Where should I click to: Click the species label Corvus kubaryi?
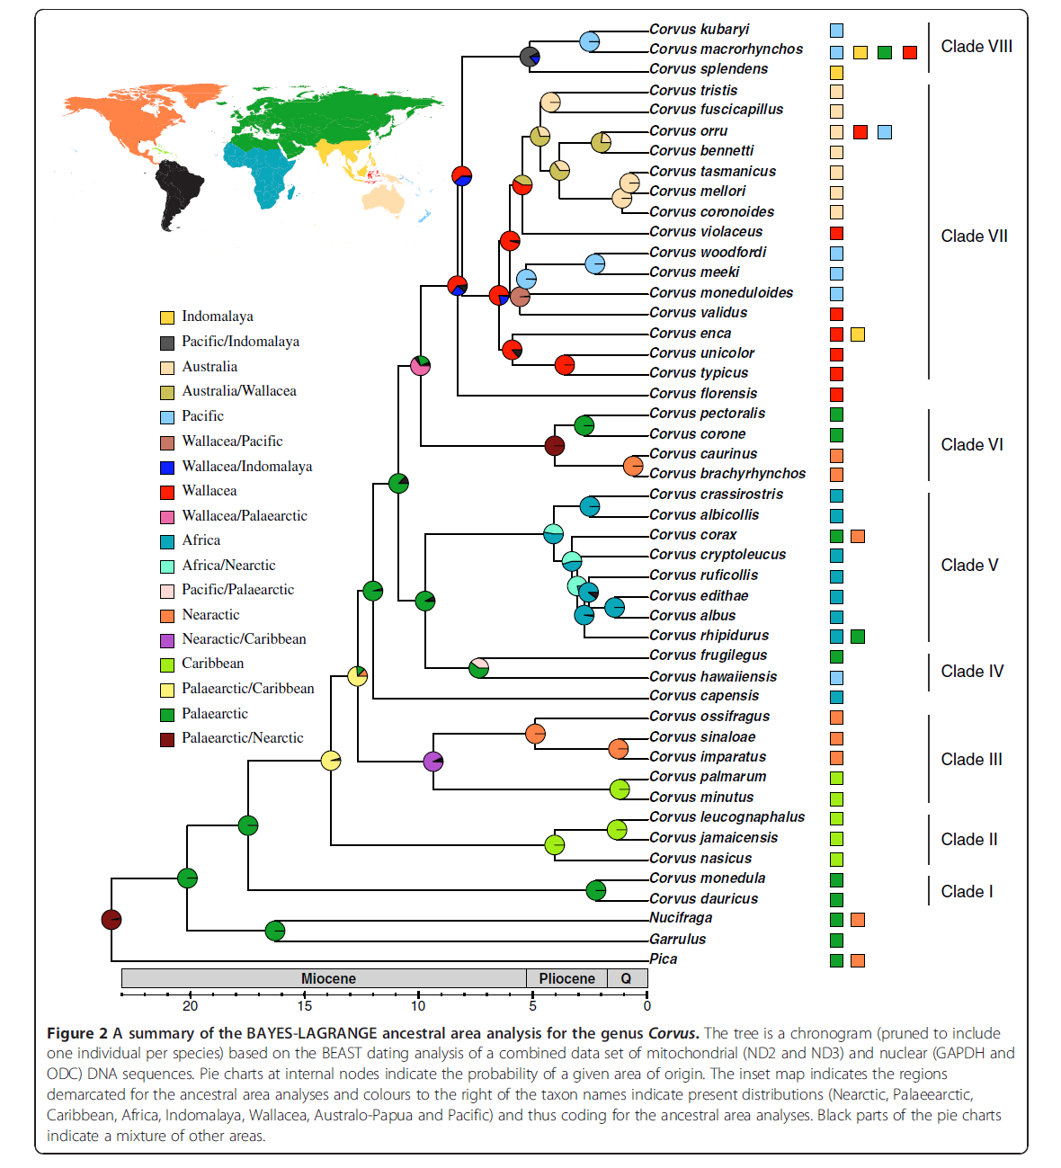pos(699,30)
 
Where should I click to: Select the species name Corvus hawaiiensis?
pos(712,676)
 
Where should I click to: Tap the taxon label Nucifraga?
pos(681,918)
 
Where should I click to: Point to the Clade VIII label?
pos(976,47)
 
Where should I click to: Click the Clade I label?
pos(967,891)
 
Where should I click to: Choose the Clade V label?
pos(969,565)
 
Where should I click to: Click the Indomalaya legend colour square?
pos(167,317)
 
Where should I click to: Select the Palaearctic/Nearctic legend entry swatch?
pos(167,739)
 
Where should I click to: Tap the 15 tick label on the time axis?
pos(305,1006)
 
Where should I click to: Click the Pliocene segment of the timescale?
pos(566,978)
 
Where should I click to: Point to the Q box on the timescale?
pos(627,978)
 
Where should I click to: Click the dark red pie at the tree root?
pos(111,919)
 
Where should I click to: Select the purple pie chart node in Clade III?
pos(433,762)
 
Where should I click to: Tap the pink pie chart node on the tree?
pos(420,365)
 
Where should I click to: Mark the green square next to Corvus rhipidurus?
pos(858,637)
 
